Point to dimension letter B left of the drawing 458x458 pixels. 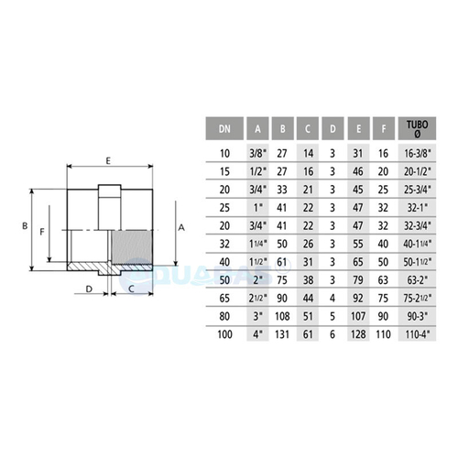click(x=27, y=222)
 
